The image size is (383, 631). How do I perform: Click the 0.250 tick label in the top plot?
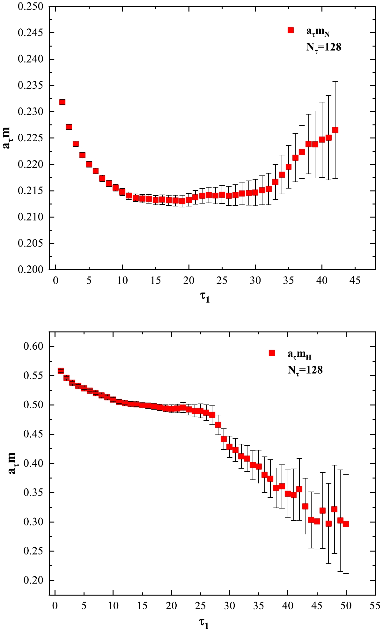[x=30, y=7]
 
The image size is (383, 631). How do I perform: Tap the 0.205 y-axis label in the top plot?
[x=30, y=243]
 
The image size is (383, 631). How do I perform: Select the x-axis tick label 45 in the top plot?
[x=355, y=281]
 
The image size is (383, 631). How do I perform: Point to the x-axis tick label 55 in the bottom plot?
[x=375, y=605]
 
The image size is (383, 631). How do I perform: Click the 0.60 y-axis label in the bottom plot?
[x=33, y=346]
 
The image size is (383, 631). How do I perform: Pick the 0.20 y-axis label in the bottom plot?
[x=33, y=580]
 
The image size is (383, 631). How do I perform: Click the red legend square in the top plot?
[x=291, y=30]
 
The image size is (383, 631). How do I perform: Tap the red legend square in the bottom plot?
[x=272, y=353]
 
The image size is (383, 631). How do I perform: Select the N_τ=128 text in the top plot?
[x=324, y=48]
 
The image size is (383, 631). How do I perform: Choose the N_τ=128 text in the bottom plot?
[x=305, y=370]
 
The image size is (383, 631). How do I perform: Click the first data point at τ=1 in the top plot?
[x=63, y=102]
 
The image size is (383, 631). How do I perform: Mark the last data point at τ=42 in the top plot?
[x=335, y=130]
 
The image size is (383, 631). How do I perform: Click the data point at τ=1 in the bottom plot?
[x=61, y=371]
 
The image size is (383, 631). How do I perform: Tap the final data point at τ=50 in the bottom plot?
[x=346, y=524]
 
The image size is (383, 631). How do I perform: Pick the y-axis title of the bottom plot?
[x=12, y=463]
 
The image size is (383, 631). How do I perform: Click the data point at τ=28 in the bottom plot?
[x=218, y=425]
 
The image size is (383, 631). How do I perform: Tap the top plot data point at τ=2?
[x=69, y=127]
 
